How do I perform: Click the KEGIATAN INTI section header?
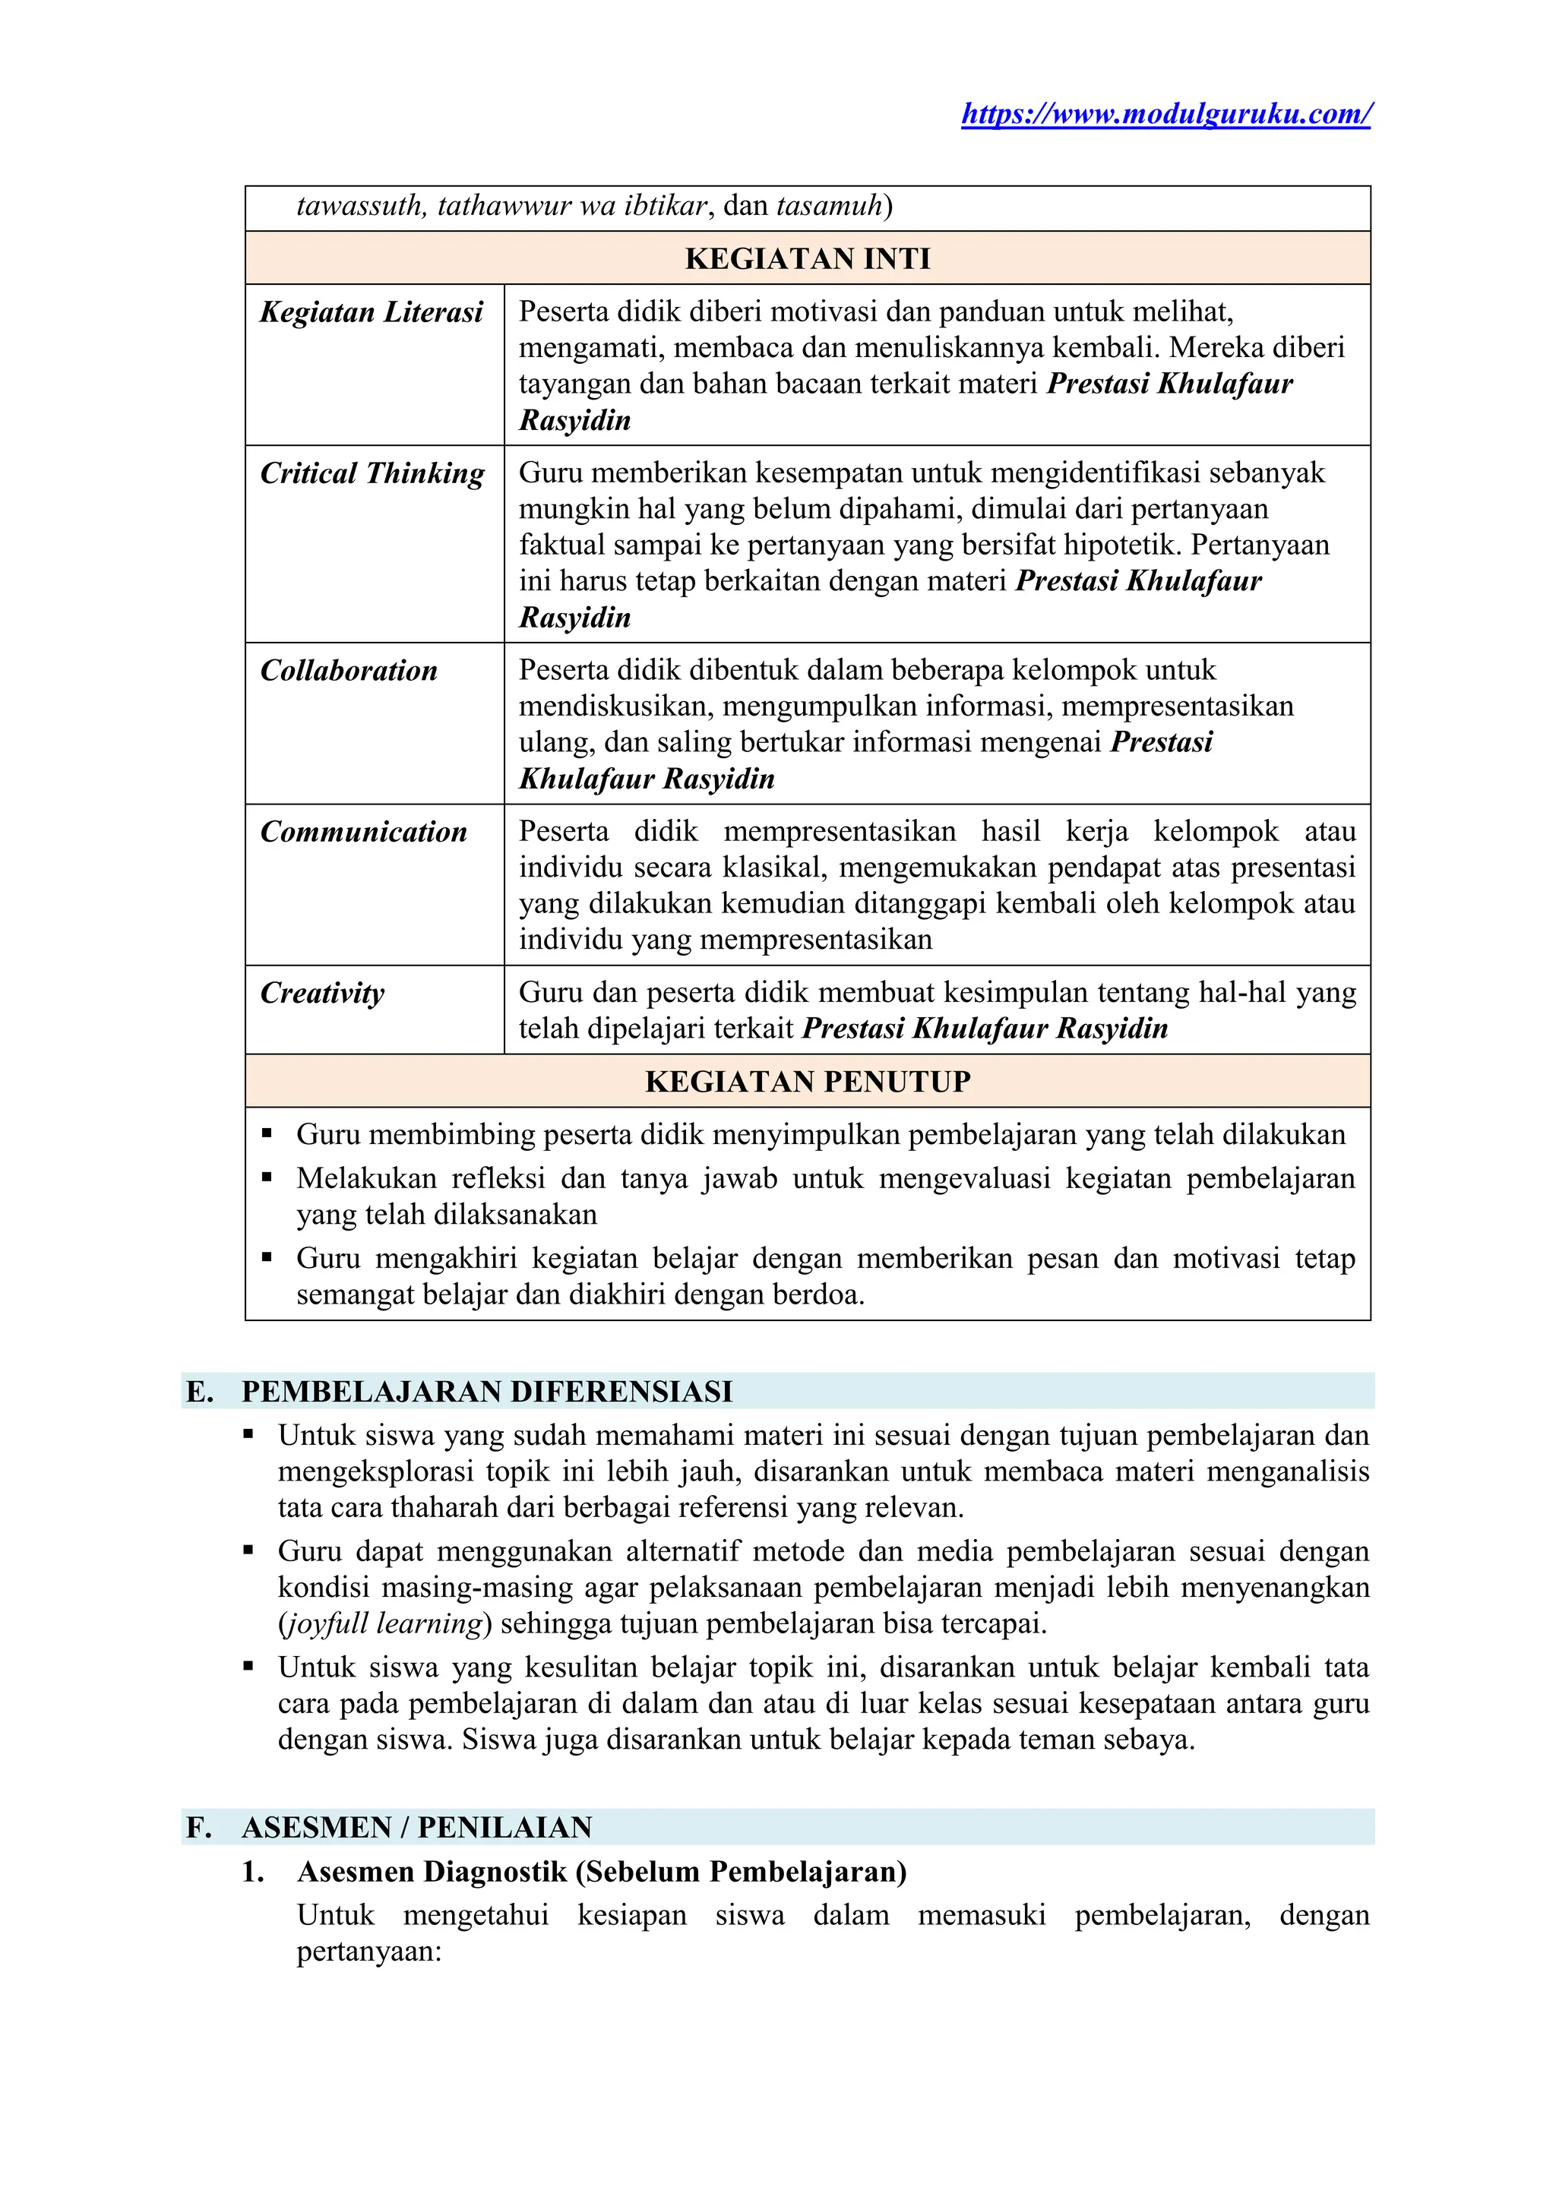807,259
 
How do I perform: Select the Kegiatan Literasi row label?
372,312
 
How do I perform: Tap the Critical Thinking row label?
372,473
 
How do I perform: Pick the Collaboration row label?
349,671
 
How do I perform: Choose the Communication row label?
363,832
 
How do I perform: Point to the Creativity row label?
322,993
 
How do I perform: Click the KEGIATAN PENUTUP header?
807,1082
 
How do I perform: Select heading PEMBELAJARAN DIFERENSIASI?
487,1391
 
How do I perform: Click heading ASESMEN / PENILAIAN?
417,1827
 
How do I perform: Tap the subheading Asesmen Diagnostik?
602,1871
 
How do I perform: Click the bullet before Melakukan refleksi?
267,1177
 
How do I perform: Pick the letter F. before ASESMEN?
198,1827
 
